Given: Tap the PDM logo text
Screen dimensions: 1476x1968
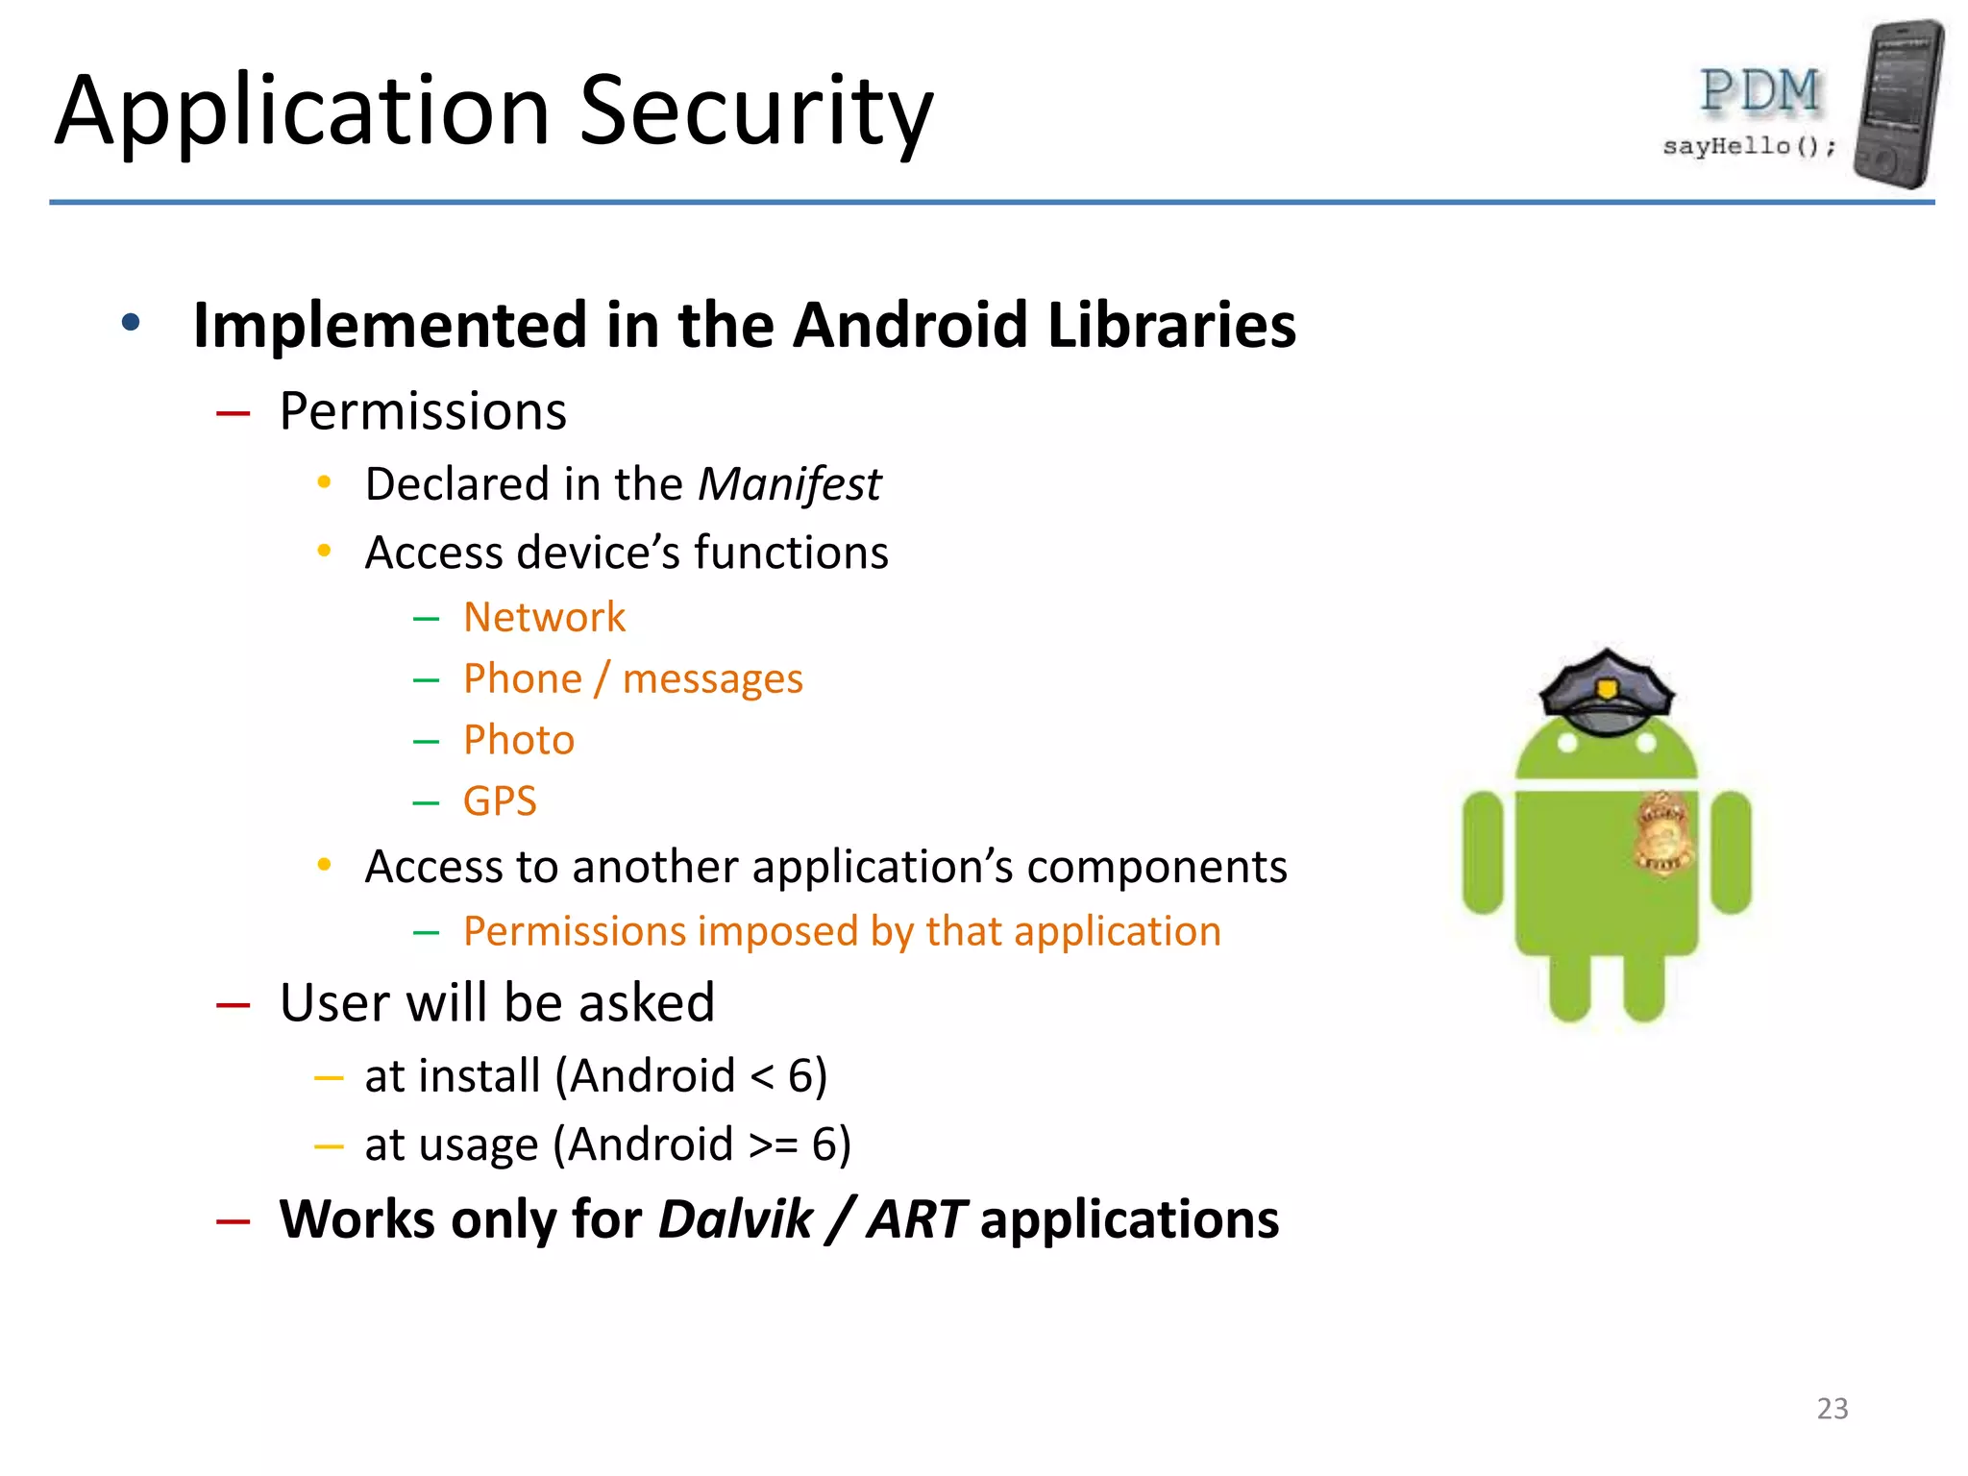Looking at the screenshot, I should tap(1759, 93).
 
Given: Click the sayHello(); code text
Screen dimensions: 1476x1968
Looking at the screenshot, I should tap(1749, 146).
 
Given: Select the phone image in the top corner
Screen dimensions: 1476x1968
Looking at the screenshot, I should tap(1899, 103).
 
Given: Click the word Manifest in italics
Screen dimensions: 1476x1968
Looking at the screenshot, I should tap(788, 484).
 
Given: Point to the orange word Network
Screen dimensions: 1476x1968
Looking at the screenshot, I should tap(544, 617).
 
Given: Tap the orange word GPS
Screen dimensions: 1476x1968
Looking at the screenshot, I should tap(500, 800).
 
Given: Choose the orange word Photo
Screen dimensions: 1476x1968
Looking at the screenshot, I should tap(519, 740).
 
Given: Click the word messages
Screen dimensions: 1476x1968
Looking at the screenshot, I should tap(712, 679).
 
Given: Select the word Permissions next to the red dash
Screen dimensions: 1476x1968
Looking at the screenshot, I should tap(423, 411).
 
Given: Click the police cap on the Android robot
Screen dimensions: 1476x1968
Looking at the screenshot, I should tap(1606, 692).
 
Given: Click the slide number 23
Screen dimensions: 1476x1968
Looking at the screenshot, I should tap(1832, 1409).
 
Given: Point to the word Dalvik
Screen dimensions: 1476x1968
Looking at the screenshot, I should tap(736, 1219).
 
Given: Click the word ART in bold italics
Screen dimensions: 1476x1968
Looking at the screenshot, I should tap(916, 1219).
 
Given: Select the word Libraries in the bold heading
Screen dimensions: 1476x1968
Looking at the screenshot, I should tap(1171, 325).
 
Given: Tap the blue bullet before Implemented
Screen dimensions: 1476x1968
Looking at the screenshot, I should tap(131, 323).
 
